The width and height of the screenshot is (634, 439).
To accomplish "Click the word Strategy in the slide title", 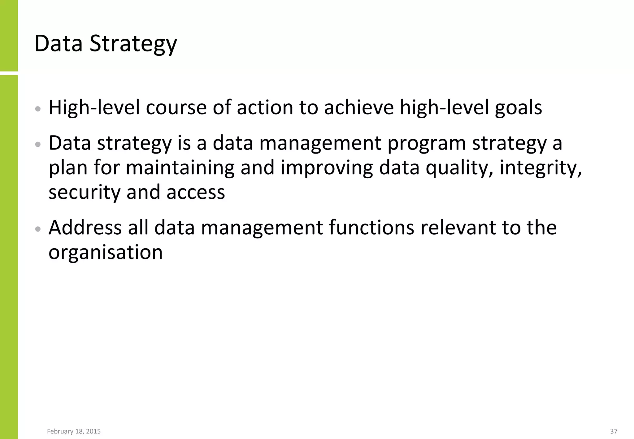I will point(133,44).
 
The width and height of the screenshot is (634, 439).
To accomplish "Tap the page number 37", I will point(614,431).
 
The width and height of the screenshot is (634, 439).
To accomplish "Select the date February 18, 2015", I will point(74,431).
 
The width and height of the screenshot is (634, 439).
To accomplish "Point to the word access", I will point(196,193).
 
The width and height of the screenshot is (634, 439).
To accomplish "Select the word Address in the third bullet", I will point(85,228).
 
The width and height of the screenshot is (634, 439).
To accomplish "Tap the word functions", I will point(371,228).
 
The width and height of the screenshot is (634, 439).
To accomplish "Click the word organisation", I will point(106,252).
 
